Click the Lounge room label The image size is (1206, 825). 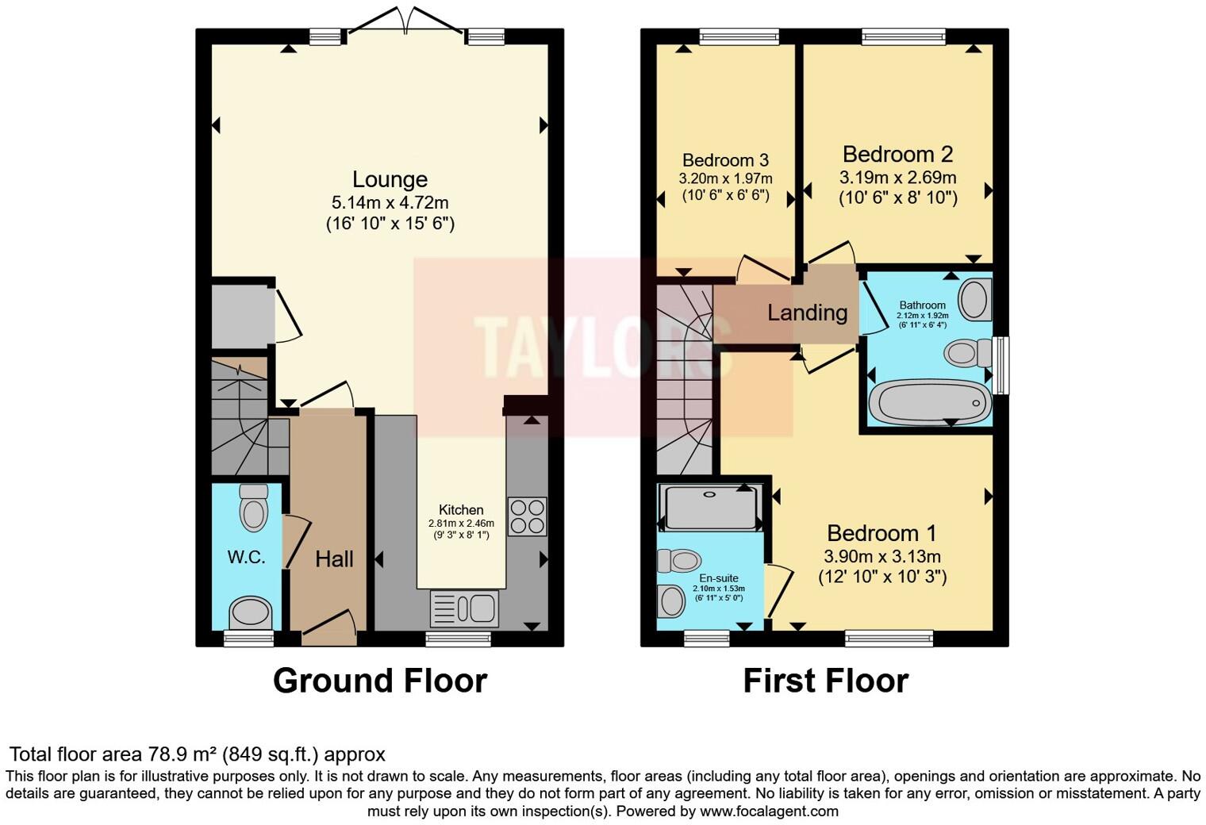[390, 179]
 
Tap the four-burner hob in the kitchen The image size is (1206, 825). [527, 516]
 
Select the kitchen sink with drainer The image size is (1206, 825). [464, 609]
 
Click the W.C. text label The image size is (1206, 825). [246, 557]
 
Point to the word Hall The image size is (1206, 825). [334, 559]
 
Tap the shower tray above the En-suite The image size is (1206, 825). [711, 507]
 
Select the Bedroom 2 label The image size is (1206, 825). [897, 154]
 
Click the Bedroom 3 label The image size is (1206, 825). [725, 160]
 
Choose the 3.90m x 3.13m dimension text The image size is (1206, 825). [882, 556]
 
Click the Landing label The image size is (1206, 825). [807, 313]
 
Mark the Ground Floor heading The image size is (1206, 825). [379, 681]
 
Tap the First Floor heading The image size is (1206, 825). [825, 681]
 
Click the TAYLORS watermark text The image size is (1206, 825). [603, 347]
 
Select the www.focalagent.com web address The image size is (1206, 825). [769, 811]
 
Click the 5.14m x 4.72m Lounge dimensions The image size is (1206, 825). [390, 202]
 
